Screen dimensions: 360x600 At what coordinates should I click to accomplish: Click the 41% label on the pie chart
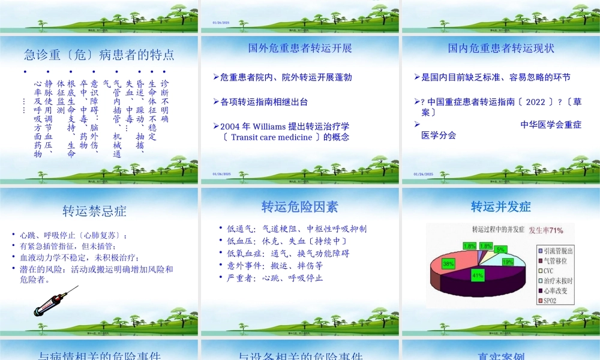(x=478, y=276)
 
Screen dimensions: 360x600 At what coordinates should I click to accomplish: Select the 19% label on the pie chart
(x=508, y=262)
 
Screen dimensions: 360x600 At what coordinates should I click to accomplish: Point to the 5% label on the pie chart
(x=500, y=248)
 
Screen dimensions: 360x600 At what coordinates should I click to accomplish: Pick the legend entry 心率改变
(x=556, y=290)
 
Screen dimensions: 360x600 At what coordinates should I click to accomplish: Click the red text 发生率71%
(x=545, y=230)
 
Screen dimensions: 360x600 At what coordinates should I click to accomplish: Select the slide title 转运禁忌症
(x=94, y=211)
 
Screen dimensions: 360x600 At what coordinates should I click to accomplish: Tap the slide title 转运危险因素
(x=299, y=207)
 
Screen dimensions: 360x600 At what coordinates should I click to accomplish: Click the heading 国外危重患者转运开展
(x=300, y=48)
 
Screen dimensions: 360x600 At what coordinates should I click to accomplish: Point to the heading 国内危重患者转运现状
(x=501, y=48)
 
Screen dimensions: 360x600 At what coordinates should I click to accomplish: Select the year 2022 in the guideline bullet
(x=535, y=102)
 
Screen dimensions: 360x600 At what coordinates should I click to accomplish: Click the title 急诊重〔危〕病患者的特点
(x=100, y=55)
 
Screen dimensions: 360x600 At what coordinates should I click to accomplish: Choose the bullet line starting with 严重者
(x=275, y=278)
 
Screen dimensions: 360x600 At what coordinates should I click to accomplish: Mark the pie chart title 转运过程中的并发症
(x=498, y=230)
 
